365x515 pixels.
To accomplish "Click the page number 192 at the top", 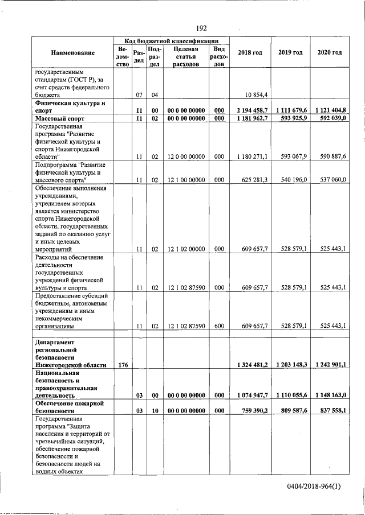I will pyautogui.click(x=201, y=28).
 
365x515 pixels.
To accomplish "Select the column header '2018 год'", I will pyautogui.click(x=250, y=53).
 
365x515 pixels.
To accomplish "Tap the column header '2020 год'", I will pyautogui.click(x=330, y=53).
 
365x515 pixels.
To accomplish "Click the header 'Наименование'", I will pyautogui.click(x=72, y=53).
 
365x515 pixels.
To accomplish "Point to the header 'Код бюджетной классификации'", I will pyautogui.click(x=172, y=41).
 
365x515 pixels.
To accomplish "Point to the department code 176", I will pyautogui.click(x=123, y=364).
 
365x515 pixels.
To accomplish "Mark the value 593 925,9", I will pyautogui.click(x=291, y=118).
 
